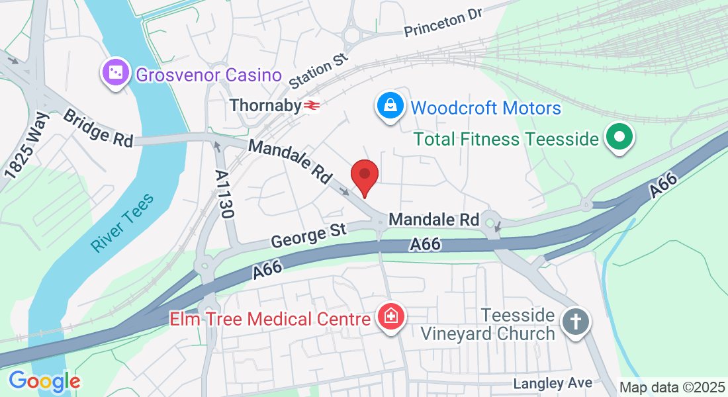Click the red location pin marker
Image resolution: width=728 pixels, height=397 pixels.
364,176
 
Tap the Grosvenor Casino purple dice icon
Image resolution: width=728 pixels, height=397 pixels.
115,73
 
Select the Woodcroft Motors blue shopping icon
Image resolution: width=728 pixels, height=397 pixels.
391,106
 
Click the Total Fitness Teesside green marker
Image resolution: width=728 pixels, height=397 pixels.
619,138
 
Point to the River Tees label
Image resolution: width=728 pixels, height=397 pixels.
122,222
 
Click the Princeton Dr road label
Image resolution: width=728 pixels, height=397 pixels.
445,22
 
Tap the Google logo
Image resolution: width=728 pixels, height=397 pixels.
44,381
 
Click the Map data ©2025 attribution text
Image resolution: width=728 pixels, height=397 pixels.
672,387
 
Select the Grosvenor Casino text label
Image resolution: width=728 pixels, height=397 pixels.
209,75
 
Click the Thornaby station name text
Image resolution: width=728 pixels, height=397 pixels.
265,105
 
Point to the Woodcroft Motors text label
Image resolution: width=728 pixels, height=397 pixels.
486,108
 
